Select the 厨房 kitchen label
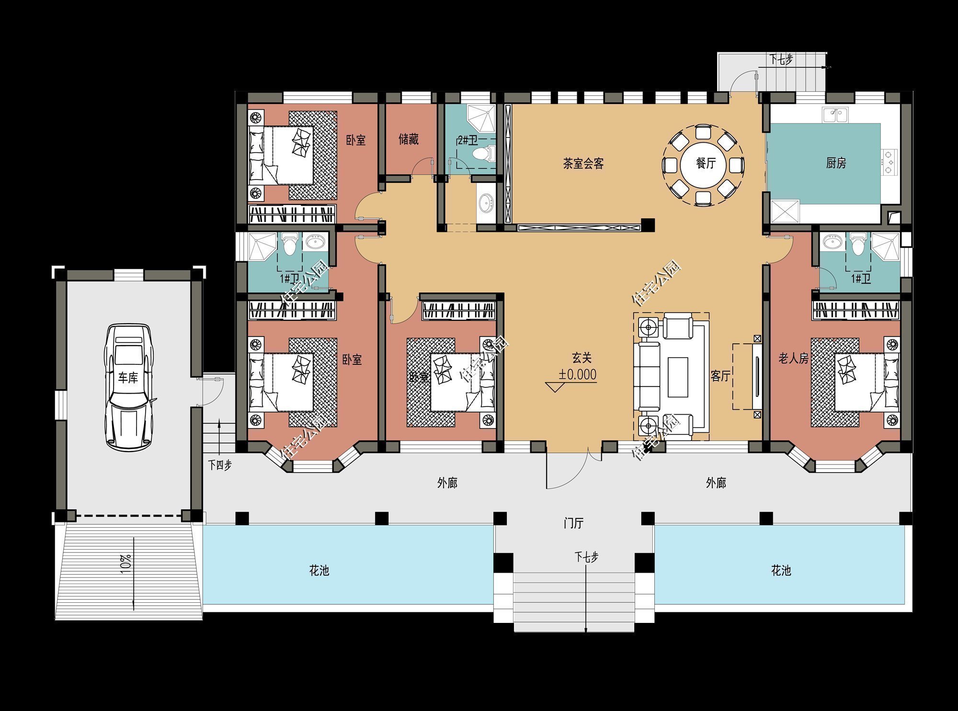pos(836,163)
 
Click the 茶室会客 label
pos(583,164)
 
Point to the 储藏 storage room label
pos(408,139)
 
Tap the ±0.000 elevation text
pos(578,374)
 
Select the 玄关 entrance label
pos(582,358)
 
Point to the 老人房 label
pos(793,358)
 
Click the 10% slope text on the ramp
pos(125,564)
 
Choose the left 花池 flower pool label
pos(319,570)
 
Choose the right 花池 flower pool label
pos(781,570)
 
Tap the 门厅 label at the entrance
pos(573,523)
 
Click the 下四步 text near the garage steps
pos(220,465)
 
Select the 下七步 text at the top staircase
pos(781,60)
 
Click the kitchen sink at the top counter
pos(835,115)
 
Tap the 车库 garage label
pos(128,378)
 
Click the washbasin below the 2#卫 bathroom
pos(487,203)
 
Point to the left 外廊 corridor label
pos(447,483)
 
